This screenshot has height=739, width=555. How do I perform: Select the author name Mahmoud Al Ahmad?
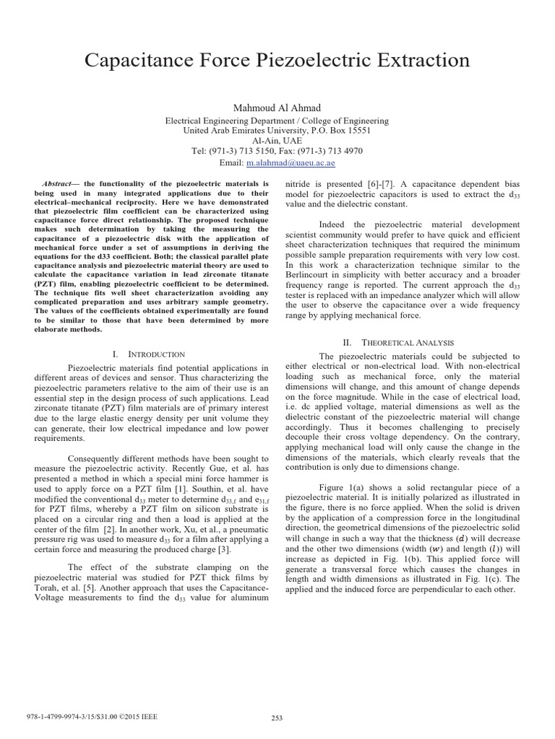click(277, 107)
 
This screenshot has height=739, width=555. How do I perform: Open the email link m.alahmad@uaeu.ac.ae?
click(290, 162)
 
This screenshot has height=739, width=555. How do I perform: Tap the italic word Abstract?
click(56, 184)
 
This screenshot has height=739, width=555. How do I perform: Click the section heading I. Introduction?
click(149, 354)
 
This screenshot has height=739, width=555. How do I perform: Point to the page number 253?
click(277, 717)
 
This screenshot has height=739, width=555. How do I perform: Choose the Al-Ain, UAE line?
click(277, 141)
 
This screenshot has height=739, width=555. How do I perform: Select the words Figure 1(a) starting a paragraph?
click(343, 486)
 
